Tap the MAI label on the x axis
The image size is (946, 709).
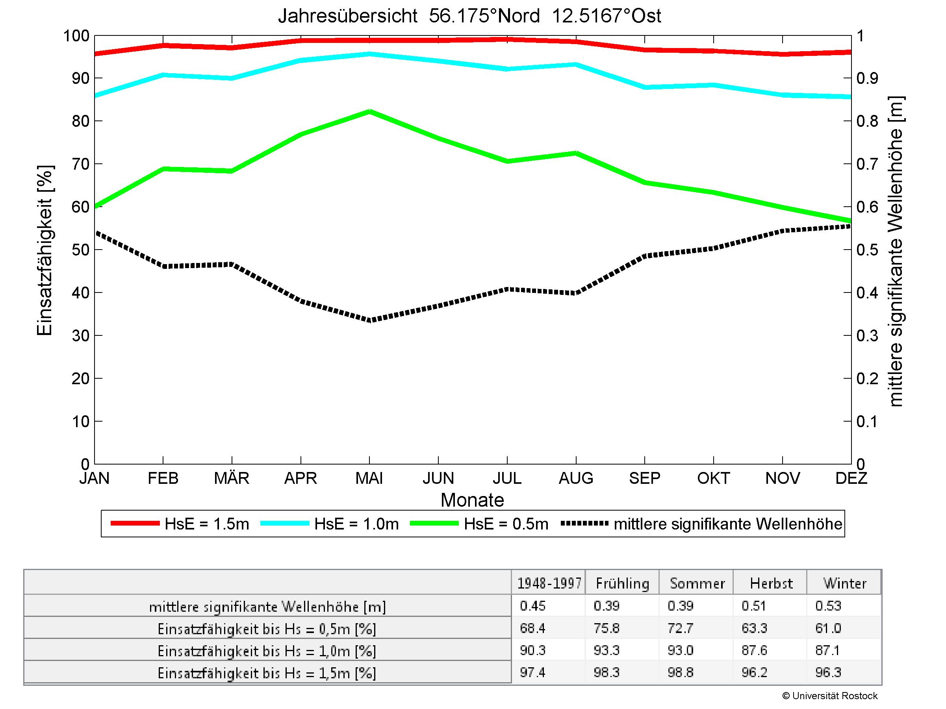(369, 478)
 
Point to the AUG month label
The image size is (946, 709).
(576, 478)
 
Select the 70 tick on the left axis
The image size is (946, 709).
(80, 164)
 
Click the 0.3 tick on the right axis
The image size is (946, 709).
(867, 336)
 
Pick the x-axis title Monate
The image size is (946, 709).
(472, 500)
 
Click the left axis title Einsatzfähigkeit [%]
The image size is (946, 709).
(45, 250)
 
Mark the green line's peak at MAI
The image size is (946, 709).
(369, 111)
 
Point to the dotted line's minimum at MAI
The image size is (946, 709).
(369, 320)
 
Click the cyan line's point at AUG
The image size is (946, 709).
(576, 65)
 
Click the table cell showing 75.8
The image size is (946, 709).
(607, 628)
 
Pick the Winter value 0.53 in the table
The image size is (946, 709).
(828, 606)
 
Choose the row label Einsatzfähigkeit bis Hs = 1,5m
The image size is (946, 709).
(267, 674)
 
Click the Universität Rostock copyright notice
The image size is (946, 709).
(830, 696)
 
